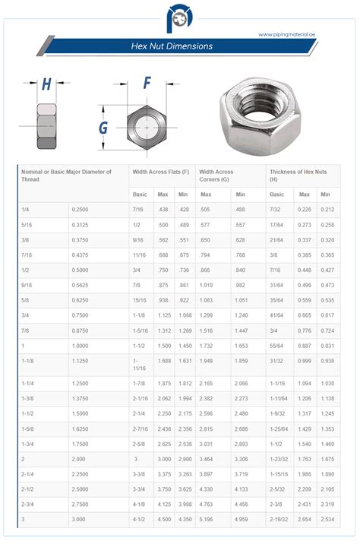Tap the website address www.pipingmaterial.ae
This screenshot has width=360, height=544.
[286, 34]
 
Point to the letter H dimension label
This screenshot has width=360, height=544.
[46, 84]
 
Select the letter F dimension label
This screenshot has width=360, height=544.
[147, 83]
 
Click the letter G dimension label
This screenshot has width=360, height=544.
[103, 128]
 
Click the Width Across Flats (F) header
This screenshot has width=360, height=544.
[160, 172]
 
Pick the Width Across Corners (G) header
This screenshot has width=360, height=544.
[217, 176]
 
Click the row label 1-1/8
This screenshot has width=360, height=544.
[28, 362]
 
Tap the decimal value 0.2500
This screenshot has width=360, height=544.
[80, 209]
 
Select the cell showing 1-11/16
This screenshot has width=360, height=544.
[138, 365]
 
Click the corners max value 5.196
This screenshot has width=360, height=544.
[206, 519]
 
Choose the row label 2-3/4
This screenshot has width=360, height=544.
[28, 504]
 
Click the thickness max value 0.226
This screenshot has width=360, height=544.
[305, 209]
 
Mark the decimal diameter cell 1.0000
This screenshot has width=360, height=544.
[81, 345]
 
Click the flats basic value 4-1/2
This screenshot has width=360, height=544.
[139, 519]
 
